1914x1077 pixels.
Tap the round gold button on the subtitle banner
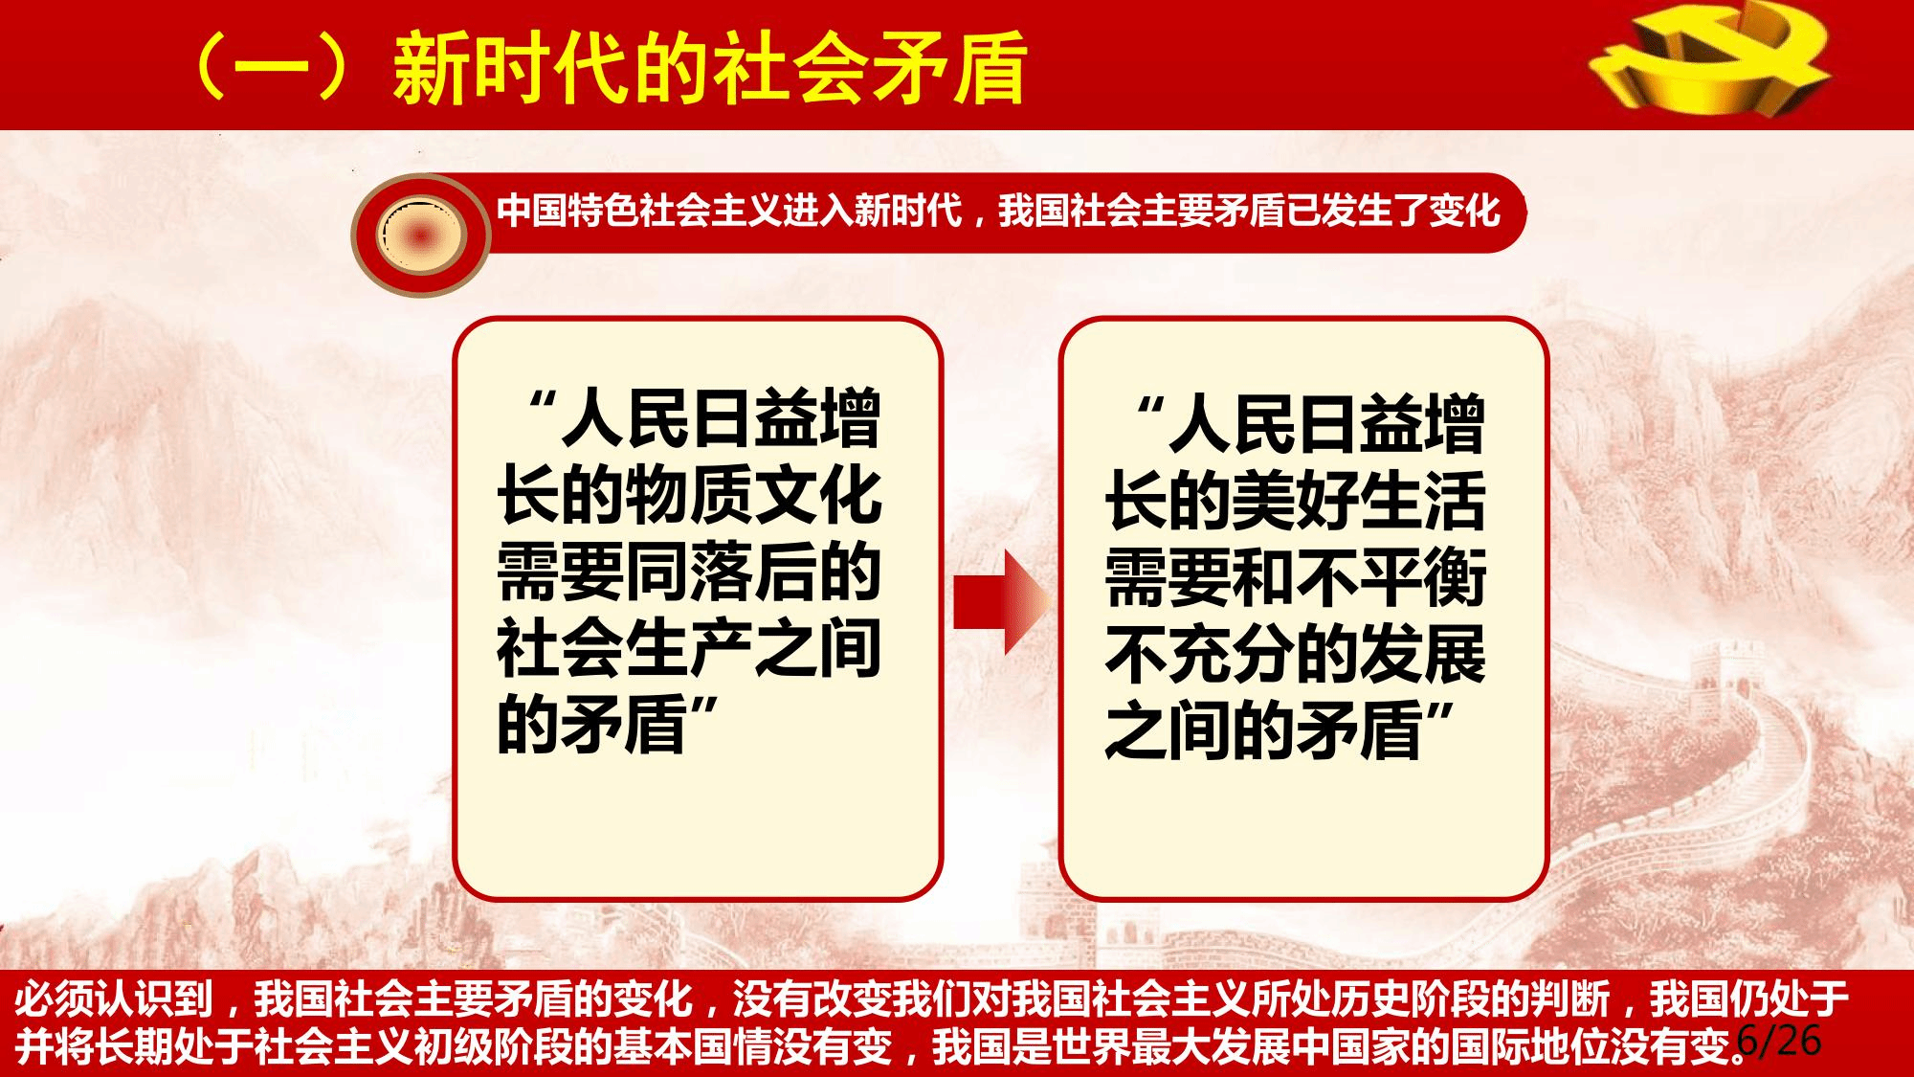click(x=421, y=234)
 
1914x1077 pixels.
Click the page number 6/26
click(x=1780, y=1041)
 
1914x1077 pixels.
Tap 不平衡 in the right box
click(x=1391, y=577)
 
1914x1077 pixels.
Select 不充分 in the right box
click(x=1200, y=655)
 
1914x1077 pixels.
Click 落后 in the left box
click(x=753, y=573)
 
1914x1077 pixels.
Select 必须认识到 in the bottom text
click(x=113, y=999)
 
